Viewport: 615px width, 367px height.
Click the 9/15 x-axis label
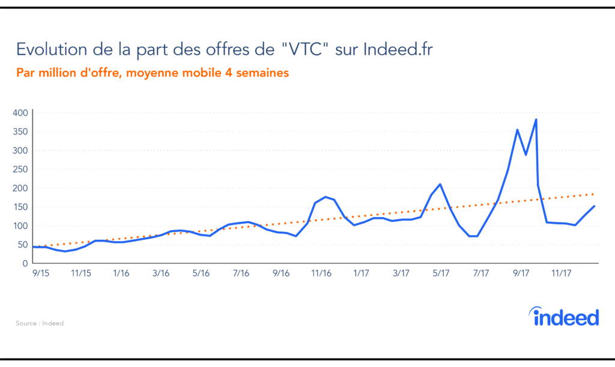pos(41,273)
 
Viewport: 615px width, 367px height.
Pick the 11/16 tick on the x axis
pos(321,273)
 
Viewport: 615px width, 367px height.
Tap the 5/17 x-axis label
pos(441,273)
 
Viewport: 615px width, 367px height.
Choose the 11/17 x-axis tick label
pos(561,273)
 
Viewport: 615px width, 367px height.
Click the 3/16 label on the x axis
pos(161,273)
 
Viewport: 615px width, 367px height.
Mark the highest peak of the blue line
pos(536,119)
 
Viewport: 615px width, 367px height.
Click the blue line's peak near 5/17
pos(440,184)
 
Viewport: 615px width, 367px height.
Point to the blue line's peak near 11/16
pos(325,197)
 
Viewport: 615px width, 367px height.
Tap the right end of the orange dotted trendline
pos(593,194)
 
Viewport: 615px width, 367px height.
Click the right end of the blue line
pos(595,206)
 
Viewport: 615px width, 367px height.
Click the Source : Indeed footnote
pos(40,323)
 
